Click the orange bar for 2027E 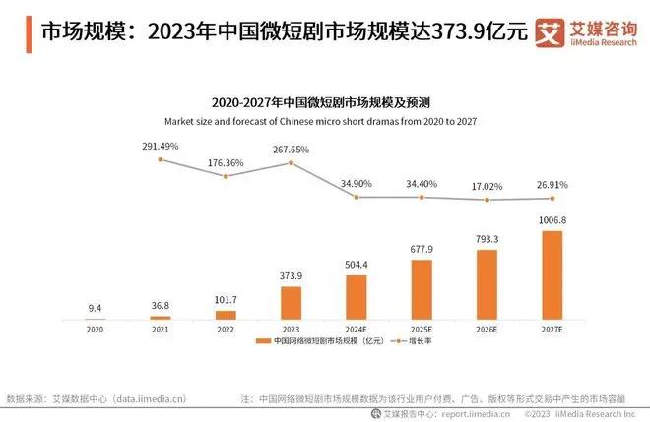click(552, 274)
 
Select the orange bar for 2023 click(292, 302)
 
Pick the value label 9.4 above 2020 click(95, 308)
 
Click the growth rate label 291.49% click(160, 146)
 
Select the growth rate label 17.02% click(487, 183)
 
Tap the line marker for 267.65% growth click(292, 162)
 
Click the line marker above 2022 click(226, 176)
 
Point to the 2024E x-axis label click(357, 329)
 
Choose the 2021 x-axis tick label click(160, 329)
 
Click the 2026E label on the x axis click(487, 329)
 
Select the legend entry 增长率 click(418, 341)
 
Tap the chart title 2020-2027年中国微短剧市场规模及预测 click(324, 101)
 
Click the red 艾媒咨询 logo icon click(548, 31)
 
